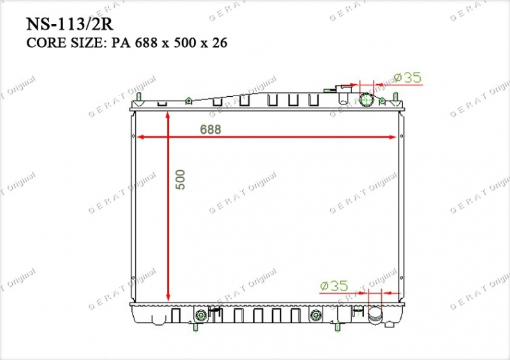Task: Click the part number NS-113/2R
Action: tap(69, 24)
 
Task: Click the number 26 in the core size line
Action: tap(219, 43)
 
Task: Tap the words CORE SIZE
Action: tap(65, 43)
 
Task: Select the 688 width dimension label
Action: tap(210, 129)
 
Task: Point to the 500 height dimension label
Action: tap(180, 180)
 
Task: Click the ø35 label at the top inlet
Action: tap(407, 78)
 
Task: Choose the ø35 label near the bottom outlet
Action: tap(334, 286)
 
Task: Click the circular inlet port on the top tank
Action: tap(366, 100)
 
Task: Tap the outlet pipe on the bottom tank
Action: tap(375, 315)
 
